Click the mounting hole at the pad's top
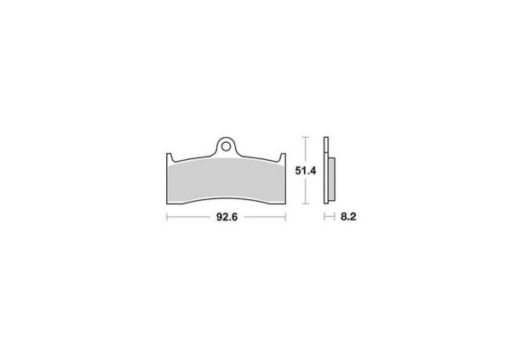226,145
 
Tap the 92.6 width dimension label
226,218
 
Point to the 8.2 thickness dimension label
347,218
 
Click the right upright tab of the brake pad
284,157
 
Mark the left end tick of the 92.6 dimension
165,218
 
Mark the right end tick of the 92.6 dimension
287,218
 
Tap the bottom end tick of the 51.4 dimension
306,205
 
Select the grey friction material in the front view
226,180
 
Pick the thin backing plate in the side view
328,170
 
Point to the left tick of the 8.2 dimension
324,218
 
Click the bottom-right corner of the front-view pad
285,203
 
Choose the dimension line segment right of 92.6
263,218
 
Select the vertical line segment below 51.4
306,191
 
